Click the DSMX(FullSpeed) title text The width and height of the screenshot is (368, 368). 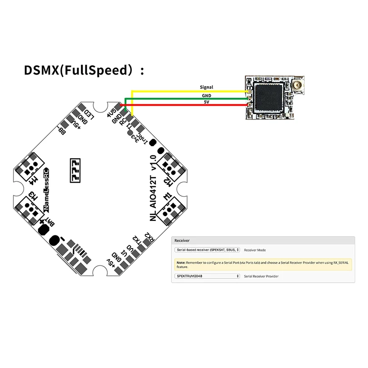click(84, 71)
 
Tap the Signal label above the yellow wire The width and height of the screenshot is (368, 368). click(206, 87)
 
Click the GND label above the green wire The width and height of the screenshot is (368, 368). click(206, 95)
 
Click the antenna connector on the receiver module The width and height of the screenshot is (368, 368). click(286, 86)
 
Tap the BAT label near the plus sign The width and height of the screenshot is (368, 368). click(52, 223)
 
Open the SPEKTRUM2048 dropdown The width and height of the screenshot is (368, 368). click(207, 276)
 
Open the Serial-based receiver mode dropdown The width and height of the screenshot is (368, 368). click(207, 249)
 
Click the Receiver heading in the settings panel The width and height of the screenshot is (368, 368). click(182, 240)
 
